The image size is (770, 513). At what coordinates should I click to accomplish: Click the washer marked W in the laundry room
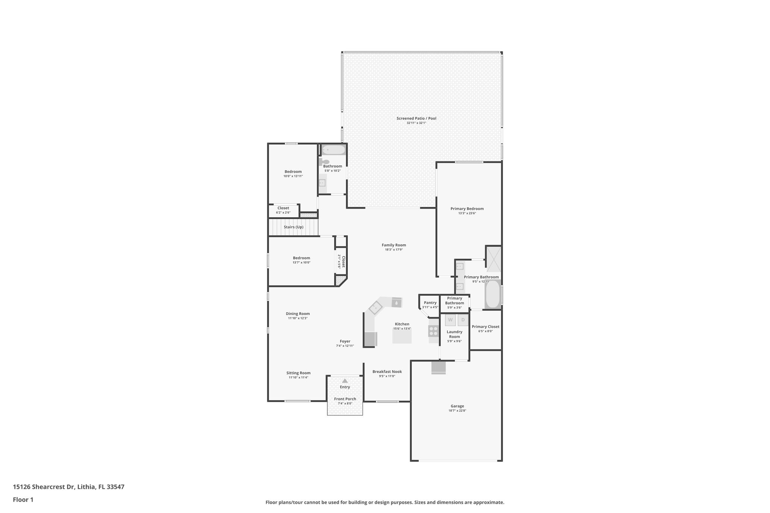click(x=450, y=320)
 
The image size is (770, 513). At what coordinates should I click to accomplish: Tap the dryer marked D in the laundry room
click(x=463, y=320)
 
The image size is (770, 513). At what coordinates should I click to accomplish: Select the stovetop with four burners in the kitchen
click(x=434, y=331)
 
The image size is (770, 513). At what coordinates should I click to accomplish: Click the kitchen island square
click(x=402, y=336)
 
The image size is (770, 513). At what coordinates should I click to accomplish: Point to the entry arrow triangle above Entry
click(x=345, y=381)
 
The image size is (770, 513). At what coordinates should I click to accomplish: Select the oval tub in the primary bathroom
click(x=493, y=294)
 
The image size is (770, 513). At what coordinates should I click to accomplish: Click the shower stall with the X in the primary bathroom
click(x=494, y=259)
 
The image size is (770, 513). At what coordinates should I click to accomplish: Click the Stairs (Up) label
click(x=293, y=227)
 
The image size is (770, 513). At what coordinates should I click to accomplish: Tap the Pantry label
click(x=430, y=303)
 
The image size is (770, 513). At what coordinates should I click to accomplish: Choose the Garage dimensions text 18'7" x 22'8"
click(x=457, y=410)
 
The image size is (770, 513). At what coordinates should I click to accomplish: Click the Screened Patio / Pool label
click(x=416, y=118)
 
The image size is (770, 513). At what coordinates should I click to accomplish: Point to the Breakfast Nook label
click(x=387, y=371)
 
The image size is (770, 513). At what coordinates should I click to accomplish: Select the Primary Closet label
click(x=485, y=327)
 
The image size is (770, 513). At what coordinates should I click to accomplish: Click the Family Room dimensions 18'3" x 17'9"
click(x=394, y=250)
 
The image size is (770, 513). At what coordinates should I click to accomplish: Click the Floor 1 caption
click(x=23, y=499)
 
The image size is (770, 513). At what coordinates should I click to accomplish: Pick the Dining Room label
click(x=298, y=313)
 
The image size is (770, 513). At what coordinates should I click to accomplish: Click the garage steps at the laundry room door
click(x=438, y=368)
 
